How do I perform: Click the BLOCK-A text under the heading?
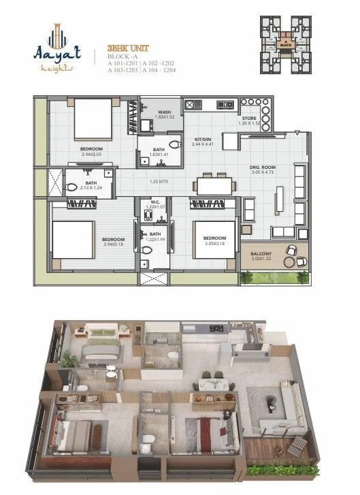tap(121, 57)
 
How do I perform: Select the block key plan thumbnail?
tap(287, 44)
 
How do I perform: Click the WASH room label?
tap(164, 112)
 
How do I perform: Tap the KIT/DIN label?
tap(203, 138)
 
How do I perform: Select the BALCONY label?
tap(261, 254)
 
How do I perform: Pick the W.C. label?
tap(155, 202)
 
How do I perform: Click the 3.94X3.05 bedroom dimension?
tap(91, 155)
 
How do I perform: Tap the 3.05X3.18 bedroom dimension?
tap(212, 243)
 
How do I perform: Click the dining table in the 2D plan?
tap(212, 185)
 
